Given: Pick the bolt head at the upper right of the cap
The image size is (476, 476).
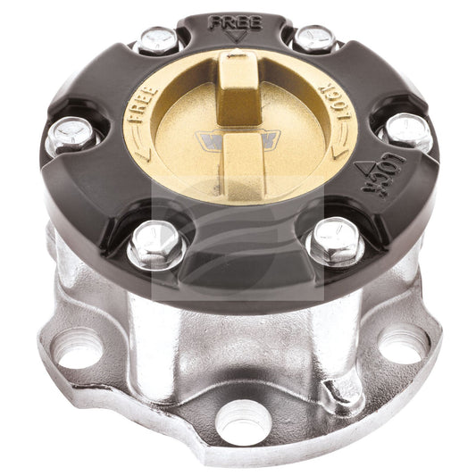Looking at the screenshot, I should [x=313, y=38].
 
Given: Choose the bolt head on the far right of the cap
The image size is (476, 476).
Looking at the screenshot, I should [x=407, y=131].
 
